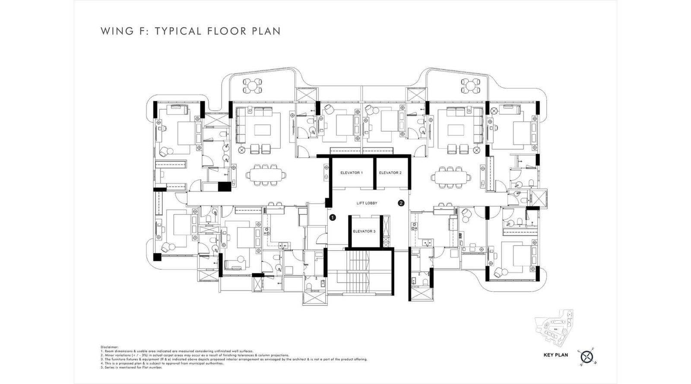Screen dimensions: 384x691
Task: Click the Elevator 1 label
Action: [351, 173]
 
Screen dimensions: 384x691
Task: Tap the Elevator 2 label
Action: [390, 173]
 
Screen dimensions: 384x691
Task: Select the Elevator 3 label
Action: [364, 232]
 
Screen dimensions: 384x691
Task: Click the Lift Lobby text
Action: [367, 203]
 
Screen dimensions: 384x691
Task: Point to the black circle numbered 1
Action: [332, 218]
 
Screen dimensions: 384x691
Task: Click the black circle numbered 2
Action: [401, 203]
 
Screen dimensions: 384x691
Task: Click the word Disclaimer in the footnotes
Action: [109, 347]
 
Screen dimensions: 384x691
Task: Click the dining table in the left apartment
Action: [266, 175]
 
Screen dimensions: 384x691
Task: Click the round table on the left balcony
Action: [252, 86]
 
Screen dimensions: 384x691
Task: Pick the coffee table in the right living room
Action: [456, 130]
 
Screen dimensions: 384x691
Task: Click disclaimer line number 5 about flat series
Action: [125, 367]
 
